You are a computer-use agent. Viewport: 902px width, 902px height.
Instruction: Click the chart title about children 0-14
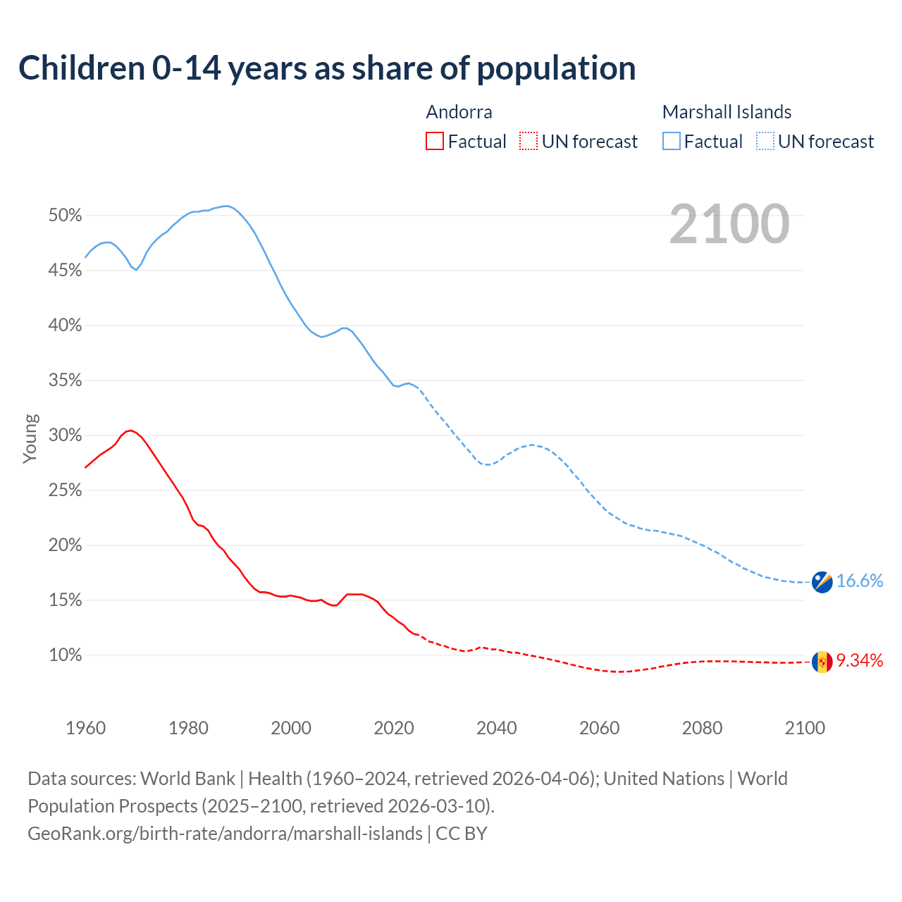click(x=327, y=68)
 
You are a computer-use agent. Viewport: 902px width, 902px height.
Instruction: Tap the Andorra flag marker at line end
click(x=822, y=662)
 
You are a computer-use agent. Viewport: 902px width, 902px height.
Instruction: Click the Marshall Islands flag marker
click(x=822, y=581)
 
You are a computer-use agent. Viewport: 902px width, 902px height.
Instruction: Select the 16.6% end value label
click(x=860, y=581)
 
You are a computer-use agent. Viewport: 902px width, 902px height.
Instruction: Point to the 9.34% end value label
click(x=860, y=660)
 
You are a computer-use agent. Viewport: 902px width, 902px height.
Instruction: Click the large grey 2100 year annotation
click(x=729, y=224)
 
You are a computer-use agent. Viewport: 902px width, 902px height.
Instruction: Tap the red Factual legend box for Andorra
click(x=435, y=142)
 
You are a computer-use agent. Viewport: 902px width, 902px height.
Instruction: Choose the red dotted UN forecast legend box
click(x=528, y=142)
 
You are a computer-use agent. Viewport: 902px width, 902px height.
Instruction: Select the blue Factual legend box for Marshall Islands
click(x=672, y=142)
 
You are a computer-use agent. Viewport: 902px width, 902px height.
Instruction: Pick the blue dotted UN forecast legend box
click(x=765, y=142)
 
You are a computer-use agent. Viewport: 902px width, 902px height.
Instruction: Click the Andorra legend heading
click(x=459, y=112)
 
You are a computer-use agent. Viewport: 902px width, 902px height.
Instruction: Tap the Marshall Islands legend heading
click(x=727, y=112)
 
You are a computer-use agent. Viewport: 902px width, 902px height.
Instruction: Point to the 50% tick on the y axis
click(x=65, y=216)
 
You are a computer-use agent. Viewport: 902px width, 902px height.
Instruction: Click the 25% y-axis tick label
click(x=65, y=490)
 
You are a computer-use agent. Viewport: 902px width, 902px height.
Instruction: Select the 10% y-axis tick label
click(x=65, y=655)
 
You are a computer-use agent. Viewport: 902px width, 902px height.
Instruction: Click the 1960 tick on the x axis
click(x=85, y=728)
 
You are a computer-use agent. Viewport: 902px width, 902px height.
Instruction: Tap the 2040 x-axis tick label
click(x=497, y=728)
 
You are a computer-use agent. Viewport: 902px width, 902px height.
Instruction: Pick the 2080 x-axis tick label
click(x=702, y=728)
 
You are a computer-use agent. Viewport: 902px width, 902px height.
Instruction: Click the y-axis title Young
click(x=30, y=438)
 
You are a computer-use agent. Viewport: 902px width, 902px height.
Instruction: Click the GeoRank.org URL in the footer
click(x=225, y=834)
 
